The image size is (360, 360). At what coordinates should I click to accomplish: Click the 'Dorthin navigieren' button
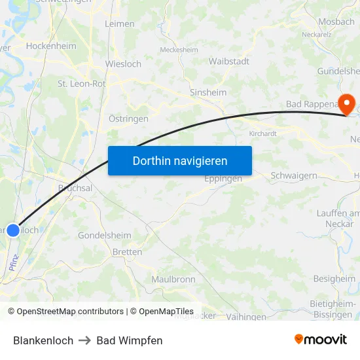(180, 160)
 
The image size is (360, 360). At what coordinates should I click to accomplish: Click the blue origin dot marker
(13, 230)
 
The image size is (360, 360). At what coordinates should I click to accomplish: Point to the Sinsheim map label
(207, 92)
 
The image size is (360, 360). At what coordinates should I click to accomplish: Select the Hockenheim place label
(50, 46)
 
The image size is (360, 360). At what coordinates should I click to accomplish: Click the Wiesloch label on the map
(123, 64)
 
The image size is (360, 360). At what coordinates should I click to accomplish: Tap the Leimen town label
(120, 24)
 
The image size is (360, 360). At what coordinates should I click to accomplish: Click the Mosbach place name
(336, 22)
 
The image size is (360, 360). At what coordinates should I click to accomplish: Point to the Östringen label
(128, 118)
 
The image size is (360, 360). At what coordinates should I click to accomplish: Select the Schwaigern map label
(294, 175)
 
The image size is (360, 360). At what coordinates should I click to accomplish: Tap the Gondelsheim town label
(104, 235)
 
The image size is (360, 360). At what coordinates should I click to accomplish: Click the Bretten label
(127, 252)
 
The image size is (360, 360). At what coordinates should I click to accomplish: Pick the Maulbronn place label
(173, 279)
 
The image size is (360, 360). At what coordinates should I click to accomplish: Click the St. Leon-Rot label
(82, 83)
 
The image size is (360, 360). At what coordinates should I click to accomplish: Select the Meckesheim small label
(179, 49)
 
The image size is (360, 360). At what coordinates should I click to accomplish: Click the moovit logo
(321, 339)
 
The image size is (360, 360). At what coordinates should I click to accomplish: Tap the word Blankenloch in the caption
(43, 340)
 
